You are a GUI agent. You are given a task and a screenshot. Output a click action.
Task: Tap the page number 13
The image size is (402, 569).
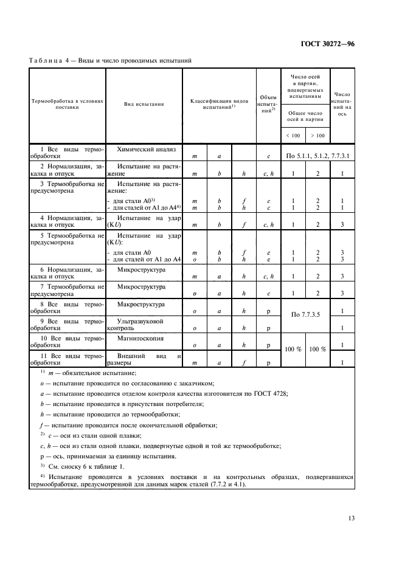(351, 518)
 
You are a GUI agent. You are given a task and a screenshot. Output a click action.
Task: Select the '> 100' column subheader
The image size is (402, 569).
(317, 135)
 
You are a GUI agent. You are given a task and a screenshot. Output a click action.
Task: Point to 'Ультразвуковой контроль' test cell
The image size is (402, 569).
(137, 324)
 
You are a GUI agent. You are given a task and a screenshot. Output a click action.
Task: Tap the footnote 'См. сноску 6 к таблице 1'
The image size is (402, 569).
(81, 466)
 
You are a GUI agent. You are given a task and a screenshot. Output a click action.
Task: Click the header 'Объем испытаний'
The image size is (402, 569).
(268, 105)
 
